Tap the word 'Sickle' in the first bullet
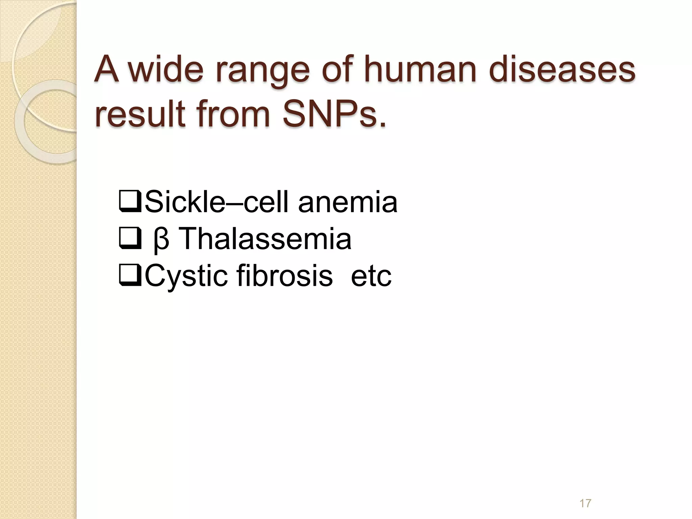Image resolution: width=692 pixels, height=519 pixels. click(x=184, y=202)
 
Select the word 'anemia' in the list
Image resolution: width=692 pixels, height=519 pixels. click(x=348, y=202)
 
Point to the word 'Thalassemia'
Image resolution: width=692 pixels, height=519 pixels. click(x=265, y=239)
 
